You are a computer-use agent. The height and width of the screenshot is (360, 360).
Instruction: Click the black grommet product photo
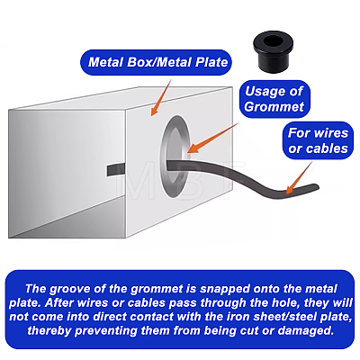[273, 51]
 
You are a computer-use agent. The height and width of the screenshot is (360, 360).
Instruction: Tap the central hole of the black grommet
[273, 41]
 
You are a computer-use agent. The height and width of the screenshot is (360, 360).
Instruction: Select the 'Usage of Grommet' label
[274, 99]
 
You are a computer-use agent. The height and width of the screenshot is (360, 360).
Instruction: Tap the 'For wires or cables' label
[318, 140]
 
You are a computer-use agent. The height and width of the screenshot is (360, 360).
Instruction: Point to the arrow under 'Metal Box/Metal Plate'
[160, 98]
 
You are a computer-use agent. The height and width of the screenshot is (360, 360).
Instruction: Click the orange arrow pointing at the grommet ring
[213, 138]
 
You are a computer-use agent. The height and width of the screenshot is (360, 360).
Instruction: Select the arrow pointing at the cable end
[299, 178]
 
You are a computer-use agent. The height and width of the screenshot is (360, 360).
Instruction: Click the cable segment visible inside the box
[116, 170]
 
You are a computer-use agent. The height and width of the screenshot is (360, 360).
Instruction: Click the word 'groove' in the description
[66, 289]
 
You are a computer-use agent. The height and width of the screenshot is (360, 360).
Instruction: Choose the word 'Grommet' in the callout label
[274, 107]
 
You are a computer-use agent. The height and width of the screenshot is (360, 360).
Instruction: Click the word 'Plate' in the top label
[211, 62]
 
